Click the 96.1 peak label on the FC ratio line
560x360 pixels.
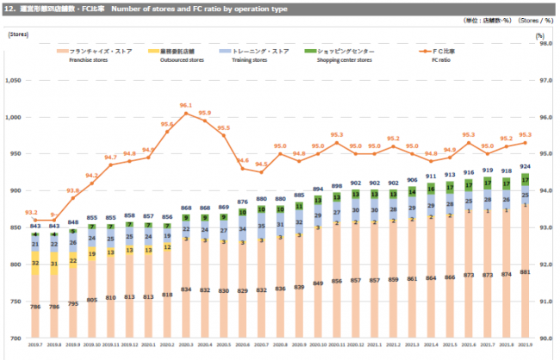[x=185, y=105]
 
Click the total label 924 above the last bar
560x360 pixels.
[x=525, y=165]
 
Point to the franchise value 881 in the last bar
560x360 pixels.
[x=525, y=272]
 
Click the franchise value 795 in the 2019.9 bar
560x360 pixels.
[x=74, y=303]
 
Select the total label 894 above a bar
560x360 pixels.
[x=318, y=188]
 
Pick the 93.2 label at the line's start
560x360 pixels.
[x=30, y=212]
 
